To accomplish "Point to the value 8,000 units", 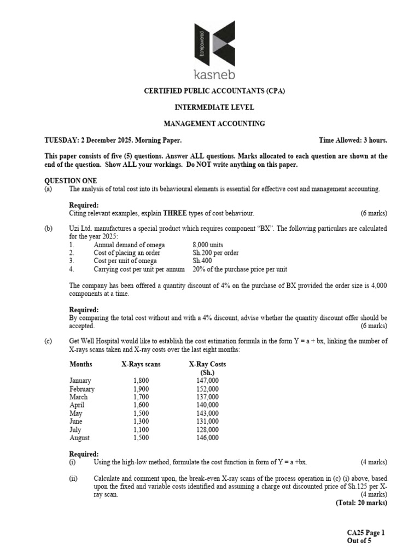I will [208, 245].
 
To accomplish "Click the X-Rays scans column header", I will [141, 364].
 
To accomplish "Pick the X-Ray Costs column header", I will [207, 364].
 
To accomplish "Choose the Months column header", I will [81, 364].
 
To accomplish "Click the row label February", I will [82, 389].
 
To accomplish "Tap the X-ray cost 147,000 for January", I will [207, 381].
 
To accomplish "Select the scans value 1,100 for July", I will [141, 430].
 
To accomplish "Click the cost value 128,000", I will [207, 430].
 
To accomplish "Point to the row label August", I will [80, 438].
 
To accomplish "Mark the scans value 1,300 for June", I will [141, 422].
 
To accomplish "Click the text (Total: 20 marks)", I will [361, 503].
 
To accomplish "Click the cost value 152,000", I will [207, 389].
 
